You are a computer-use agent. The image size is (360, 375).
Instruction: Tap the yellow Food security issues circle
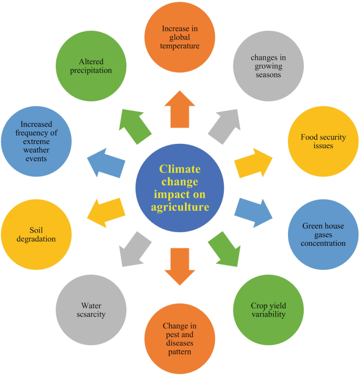323,141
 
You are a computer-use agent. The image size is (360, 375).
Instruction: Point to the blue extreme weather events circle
36,142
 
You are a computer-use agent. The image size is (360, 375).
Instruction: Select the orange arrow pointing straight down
180,266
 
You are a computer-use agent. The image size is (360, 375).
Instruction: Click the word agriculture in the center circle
180,207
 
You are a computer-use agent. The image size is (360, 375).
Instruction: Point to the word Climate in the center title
180,169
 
